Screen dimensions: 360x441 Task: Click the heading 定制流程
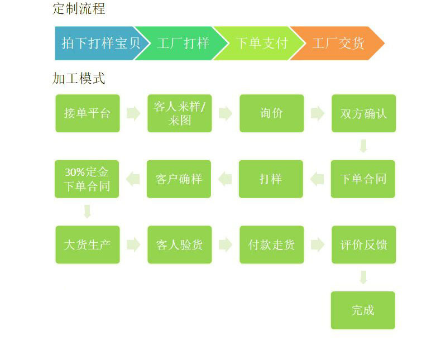point(79,9)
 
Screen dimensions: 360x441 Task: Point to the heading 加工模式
point(79,78)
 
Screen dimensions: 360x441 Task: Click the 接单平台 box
point(88,113)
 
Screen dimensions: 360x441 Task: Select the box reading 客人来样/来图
point(180,113)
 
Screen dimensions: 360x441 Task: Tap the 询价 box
point(272,113)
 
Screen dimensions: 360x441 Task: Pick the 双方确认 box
point(363,113)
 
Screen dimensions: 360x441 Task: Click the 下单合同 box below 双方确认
point(363,179)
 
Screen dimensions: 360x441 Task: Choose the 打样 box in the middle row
point(271,179)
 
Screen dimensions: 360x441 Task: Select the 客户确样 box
point(179,179)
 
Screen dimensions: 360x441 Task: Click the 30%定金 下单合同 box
point(87,179)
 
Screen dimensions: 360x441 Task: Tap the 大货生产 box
point(88,244)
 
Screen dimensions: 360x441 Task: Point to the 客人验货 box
point(180,244)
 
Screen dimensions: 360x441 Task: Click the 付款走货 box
point(272,244)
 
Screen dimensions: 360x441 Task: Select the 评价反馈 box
point(363,244)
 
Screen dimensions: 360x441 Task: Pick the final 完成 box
point(363,310)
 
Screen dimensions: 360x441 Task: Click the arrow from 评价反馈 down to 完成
point(363,277)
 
